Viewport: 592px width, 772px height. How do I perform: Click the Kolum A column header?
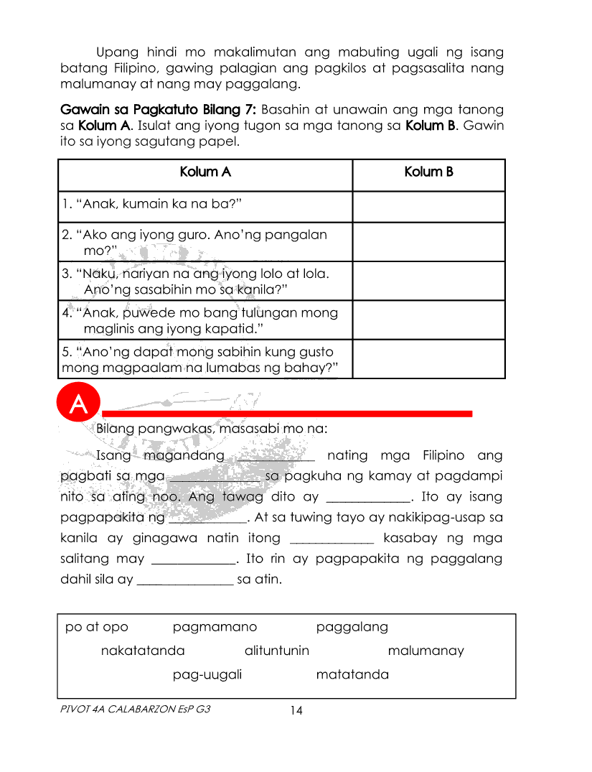click(x=205, y=172)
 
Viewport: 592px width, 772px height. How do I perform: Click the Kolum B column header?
click(x=428, y=172)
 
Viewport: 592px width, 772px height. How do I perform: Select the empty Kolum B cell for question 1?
click(x=428, y=206)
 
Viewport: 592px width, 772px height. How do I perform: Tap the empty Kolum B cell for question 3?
click(x=428, y=280)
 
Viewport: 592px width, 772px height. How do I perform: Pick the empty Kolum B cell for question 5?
click(x=428, y=359)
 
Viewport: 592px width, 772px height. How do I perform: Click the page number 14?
click(x=296, y=711)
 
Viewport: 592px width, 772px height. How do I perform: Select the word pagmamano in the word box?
click(x=215, y=627)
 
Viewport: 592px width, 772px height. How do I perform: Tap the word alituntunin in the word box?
click(x=277, y=651)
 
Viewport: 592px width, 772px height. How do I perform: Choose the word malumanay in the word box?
click(x=426, y=651)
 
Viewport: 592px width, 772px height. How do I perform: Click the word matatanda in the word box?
click(x=352, y=674)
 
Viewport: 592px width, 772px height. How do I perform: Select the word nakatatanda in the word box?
click(x=143, y=651)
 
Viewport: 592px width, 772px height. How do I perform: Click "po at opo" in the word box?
click(x=97, y=627)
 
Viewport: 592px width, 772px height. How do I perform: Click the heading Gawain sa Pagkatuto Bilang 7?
click(x=159, y=110)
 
